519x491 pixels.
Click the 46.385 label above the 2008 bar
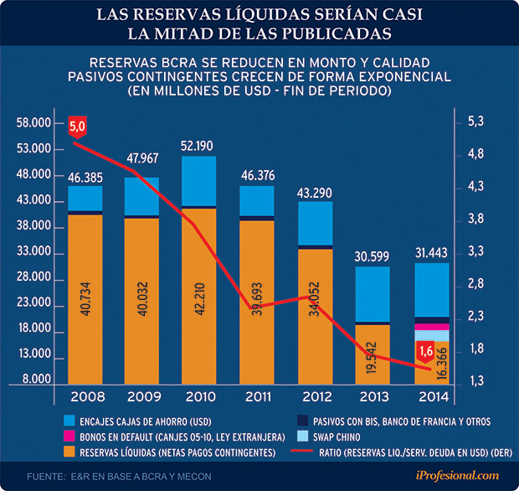(x=85, y=177)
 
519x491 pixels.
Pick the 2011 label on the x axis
(x=256, y=395)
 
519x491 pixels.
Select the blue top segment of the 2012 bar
(x=315, y=224)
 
